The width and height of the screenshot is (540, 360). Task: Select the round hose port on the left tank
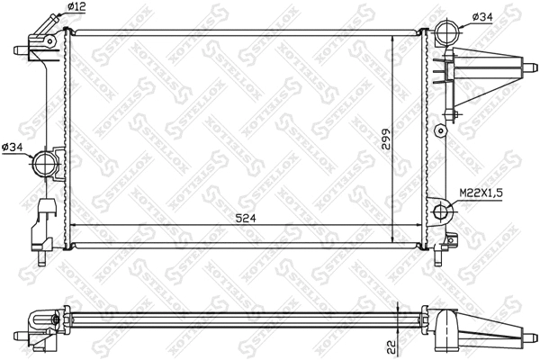click(x=44, y=165)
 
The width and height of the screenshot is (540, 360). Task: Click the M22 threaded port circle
click(x=443, y=212)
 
